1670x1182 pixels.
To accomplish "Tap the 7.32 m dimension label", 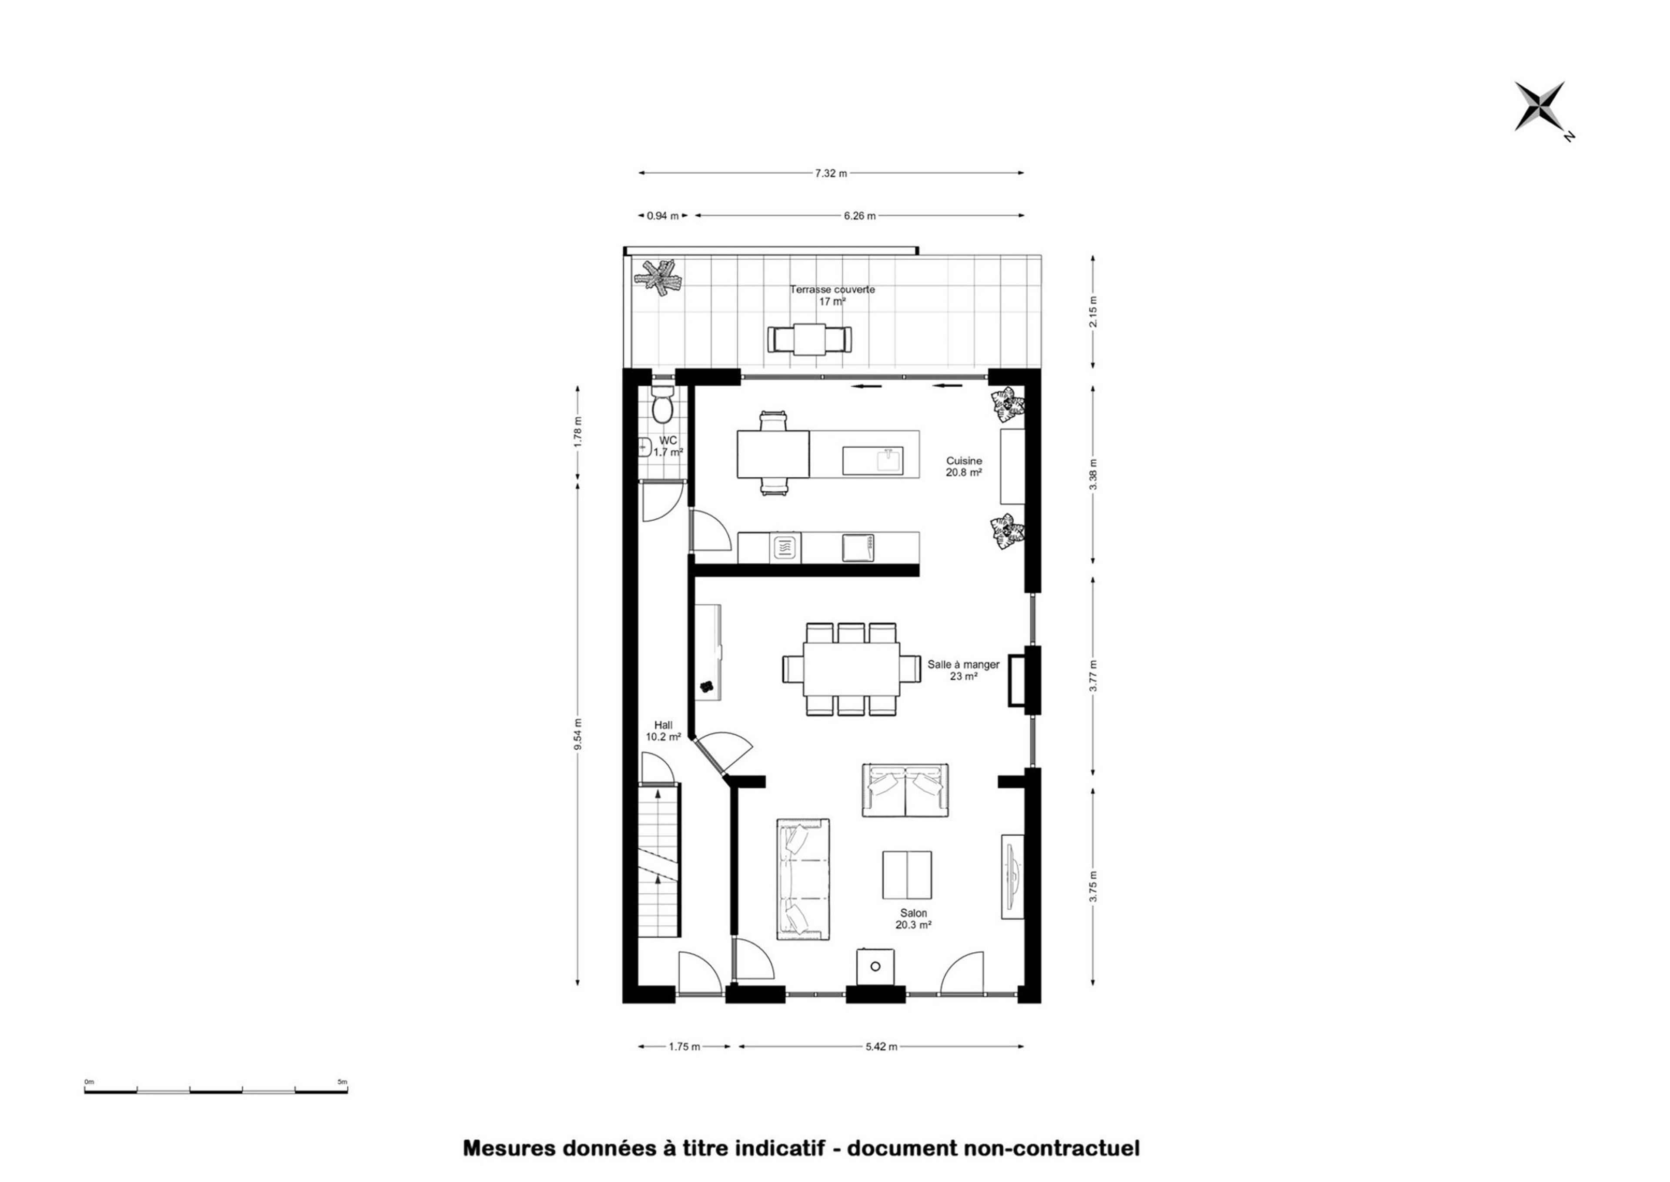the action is (831, 173).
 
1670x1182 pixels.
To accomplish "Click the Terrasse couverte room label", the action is (832, 289).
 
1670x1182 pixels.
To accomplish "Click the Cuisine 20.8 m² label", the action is (964, 466).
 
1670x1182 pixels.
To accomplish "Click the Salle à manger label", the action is (963, 664).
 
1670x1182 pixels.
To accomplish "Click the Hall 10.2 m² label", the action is (663, 731).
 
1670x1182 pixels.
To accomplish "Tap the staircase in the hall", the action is (659, 860).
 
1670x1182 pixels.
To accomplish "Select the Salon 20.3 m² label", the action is (914, 919).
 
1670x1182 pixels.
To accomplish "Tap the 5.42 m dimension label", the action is (881, 1047).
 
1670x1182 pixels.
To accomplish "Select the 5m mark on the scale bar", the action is (342, 1082).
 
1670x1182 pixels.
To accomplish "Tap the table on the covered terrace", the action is (809, 340).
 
